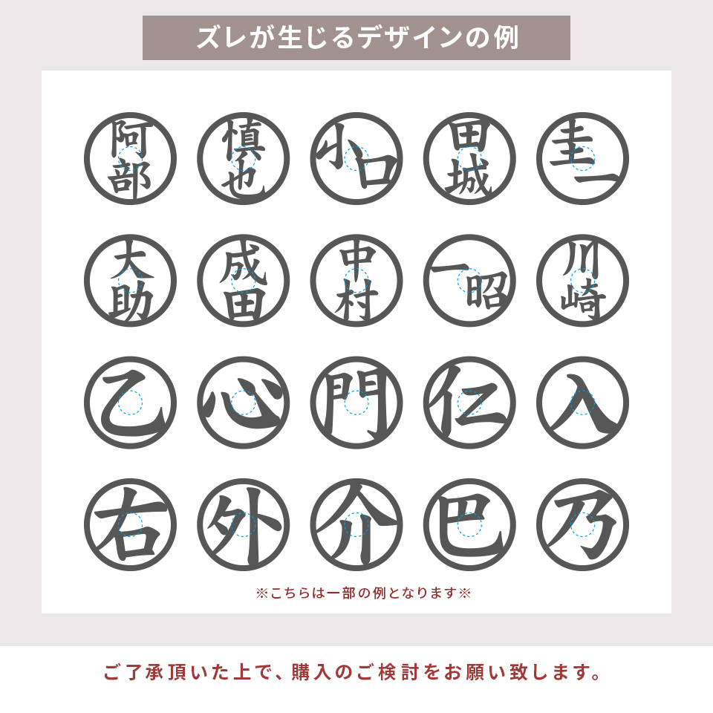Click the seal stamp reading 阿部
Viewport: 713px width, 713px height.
pyautogui.click(x=130, y=158)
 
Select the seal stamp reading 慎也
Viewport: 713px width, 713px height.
pyautogui.click(x=243, y=158)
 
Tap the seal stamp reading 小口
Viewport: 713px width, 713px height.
pyautogui.click(x=356, y=158)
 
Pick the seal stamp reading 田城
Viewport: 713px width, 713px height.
pyautogui.click(x=469, y=158)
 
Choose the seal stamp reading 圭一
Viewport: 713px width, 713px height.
pyautogui.click(x=582, y=158)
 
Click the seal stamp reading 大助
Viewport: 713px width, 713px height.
pyautogui.click(x=130, y=280)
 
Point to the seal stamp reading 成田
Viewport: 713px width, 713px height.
pyautogui.click(x=243, y=280)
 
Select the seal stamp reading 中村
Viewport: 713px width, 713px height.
pyautogui.click(x=356, y=280)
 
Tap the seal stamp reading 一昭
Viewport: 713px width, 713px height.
pyautogui.click(x=469, y=280)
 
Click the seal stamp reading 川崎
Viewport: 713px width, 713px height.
pyautogui.click(x=582, y=280)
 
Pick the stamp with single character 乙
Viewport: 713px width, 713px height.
pyautogui.click(x=130, y=403)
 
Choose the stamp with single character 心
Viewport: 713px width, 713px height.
pyautogui.click(x=243, y=403)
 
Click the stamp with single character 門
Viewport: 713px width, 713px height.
pyautogui.click(x=356, y=403)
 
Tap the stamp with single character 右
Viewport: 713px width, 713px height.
pyautogui.click(x=130, y=524)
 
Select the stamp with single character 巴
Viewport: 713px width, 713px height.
pyautogui.click(x=469, y=524)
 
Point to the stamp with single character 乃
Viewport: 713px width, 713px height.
pyautogui.click(x=582, y=524)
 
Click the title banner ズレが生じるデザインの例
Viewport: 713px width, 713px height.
pyautogui.click(x=356, y=38)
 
